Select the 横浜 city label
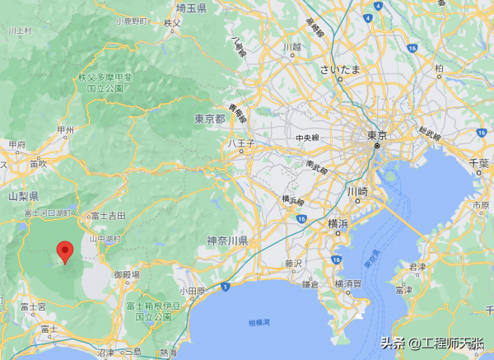(338, 223)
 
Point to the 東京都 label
(210, 119)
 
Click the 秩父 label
(171, 23)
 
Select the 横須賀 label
(346, 283)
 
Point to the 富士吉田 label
(108, 215)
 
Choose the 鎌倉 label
(310, 283)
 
